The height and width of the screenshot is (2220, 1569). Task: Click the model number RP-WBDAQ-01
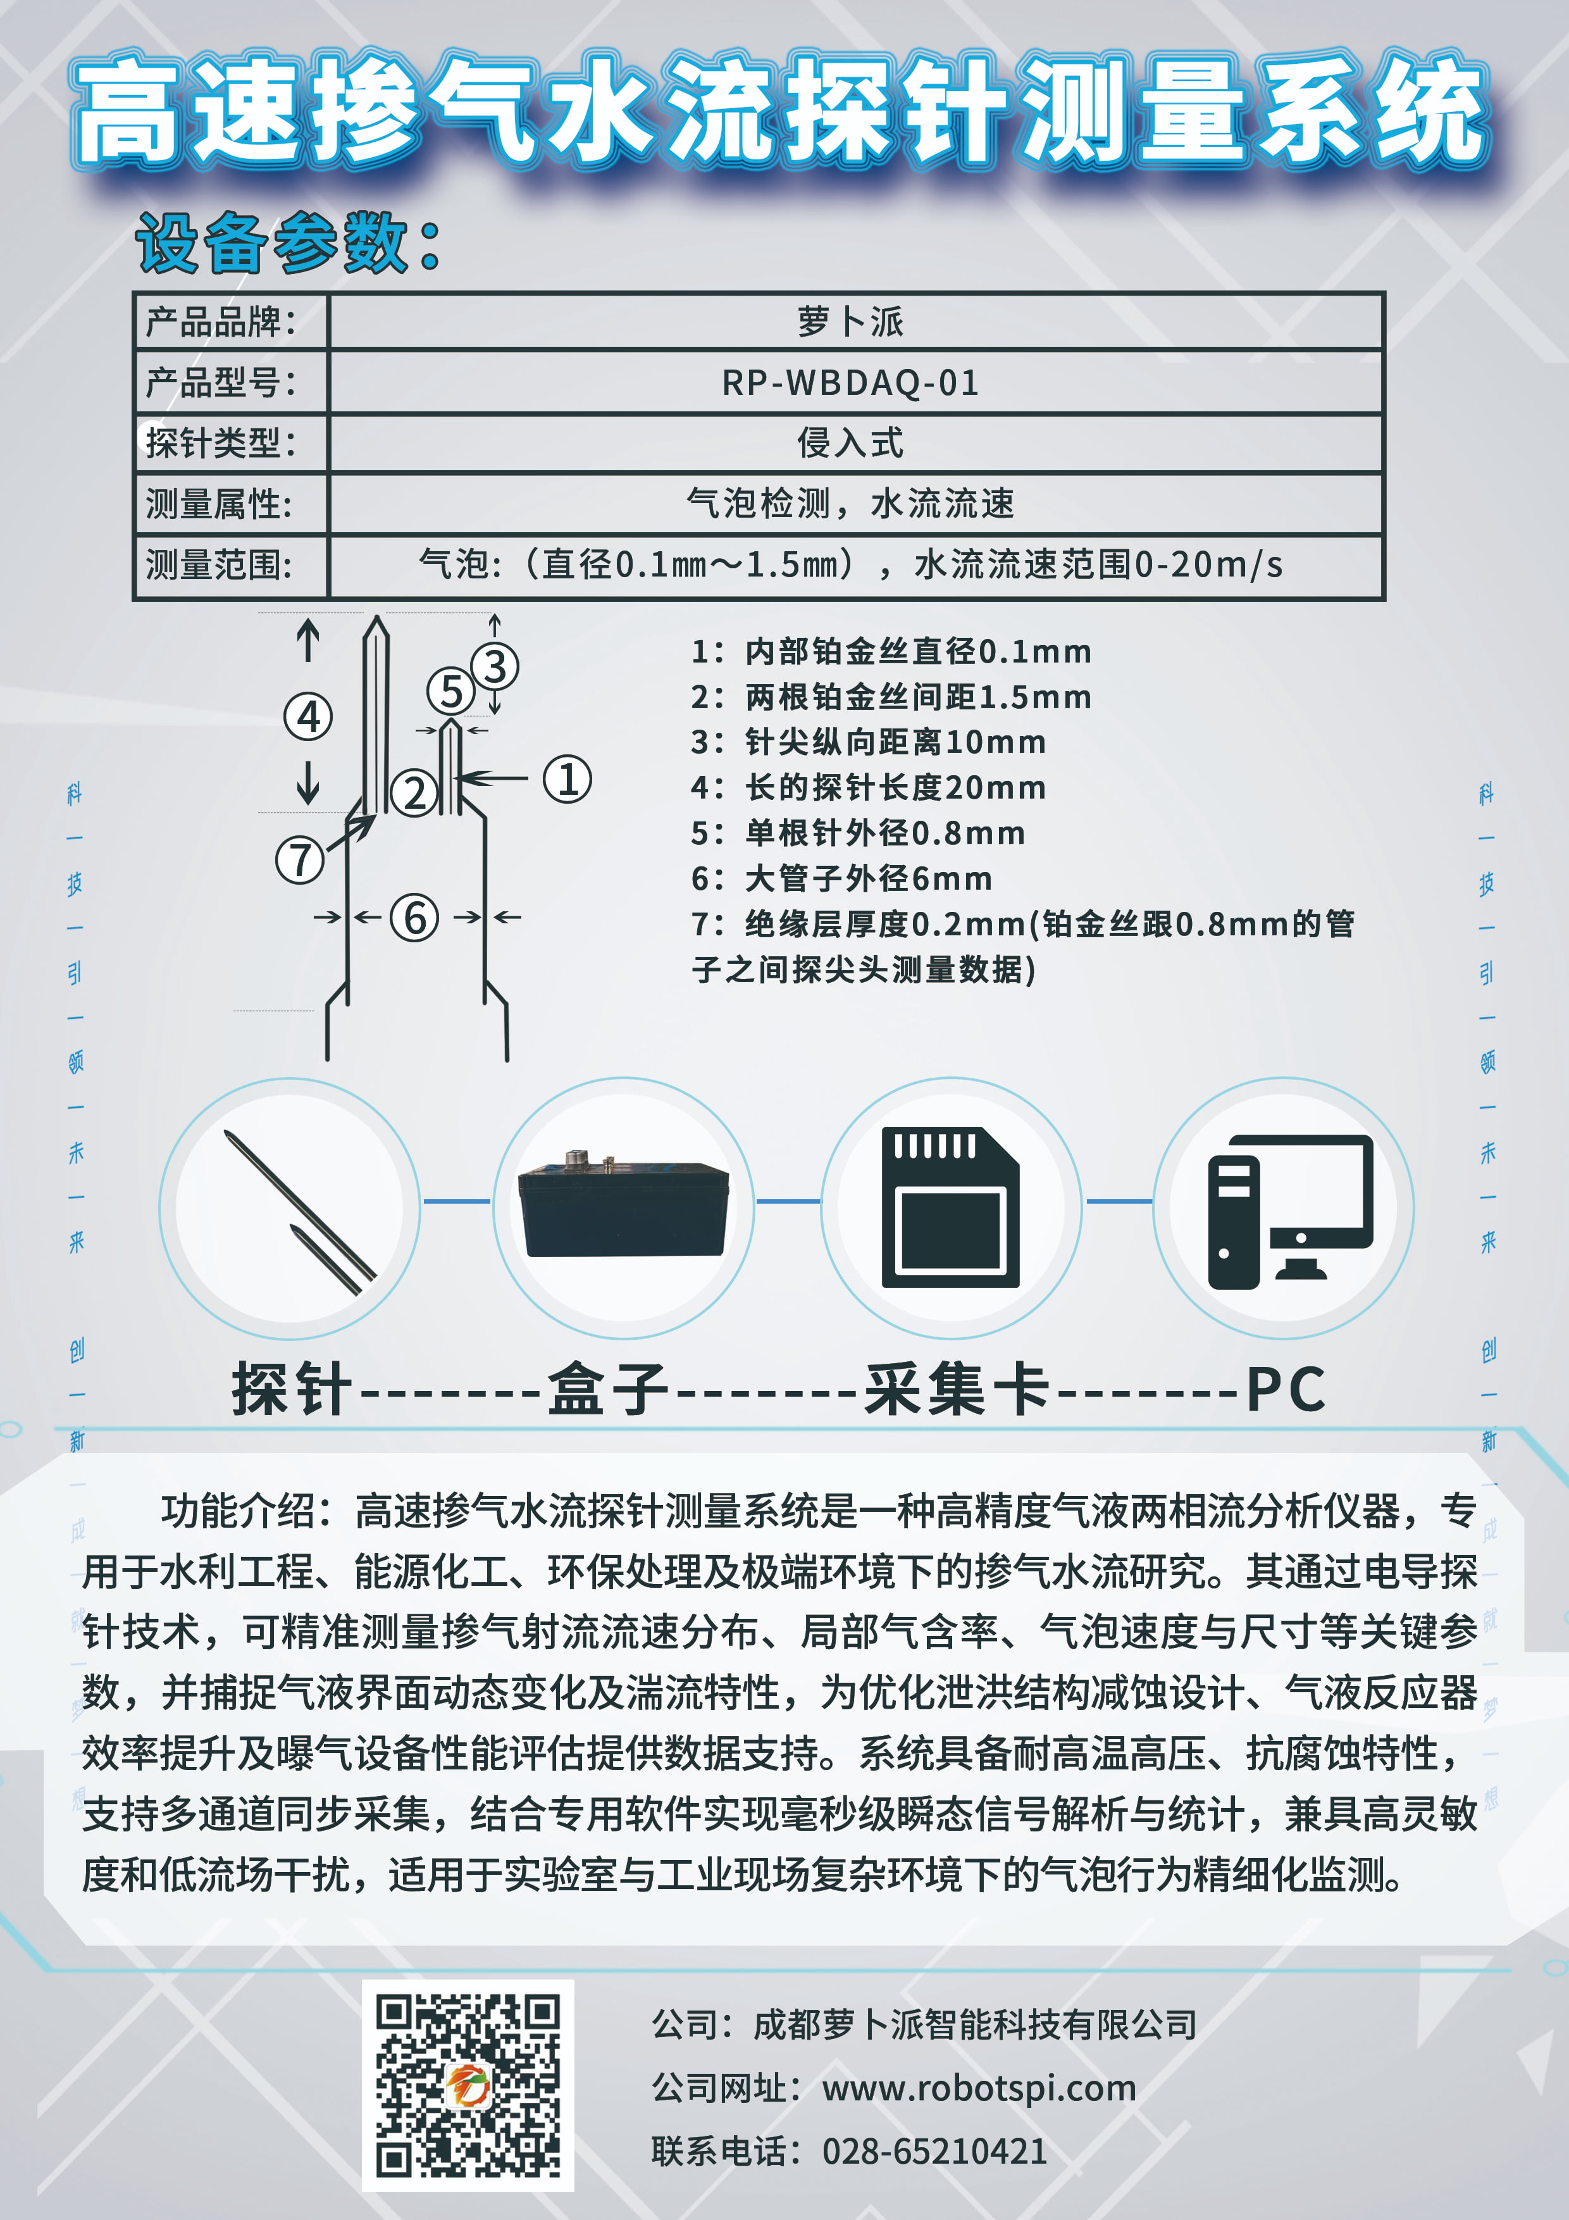tap(851, 383)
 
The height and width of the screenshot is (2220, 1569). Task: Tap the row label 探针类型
tap(220, 443)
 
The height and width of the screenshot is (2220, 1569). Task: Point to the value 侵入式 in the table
tap(851, 443)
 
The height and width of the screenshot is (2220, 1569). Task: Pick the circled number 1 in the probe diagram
tap(567, 779)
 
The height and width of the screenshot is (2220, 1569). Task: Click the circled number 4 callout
tap(308, 716)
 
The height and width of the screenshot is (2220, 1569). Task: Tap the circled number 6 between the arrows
tap(415, 918)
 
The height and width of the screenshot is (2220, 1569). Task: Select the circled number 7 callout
tap(300, 859)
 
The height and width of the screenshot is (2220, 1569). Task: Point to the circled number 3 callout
tap(495, 666)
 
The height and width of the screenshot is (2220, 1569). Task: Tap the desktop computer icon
tap(1289, 1211)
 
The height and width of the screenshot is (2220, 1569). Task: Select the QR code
tap(468, 2086)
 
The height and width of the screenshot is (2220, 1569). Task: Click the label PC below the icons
tap(1285, 1390)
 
